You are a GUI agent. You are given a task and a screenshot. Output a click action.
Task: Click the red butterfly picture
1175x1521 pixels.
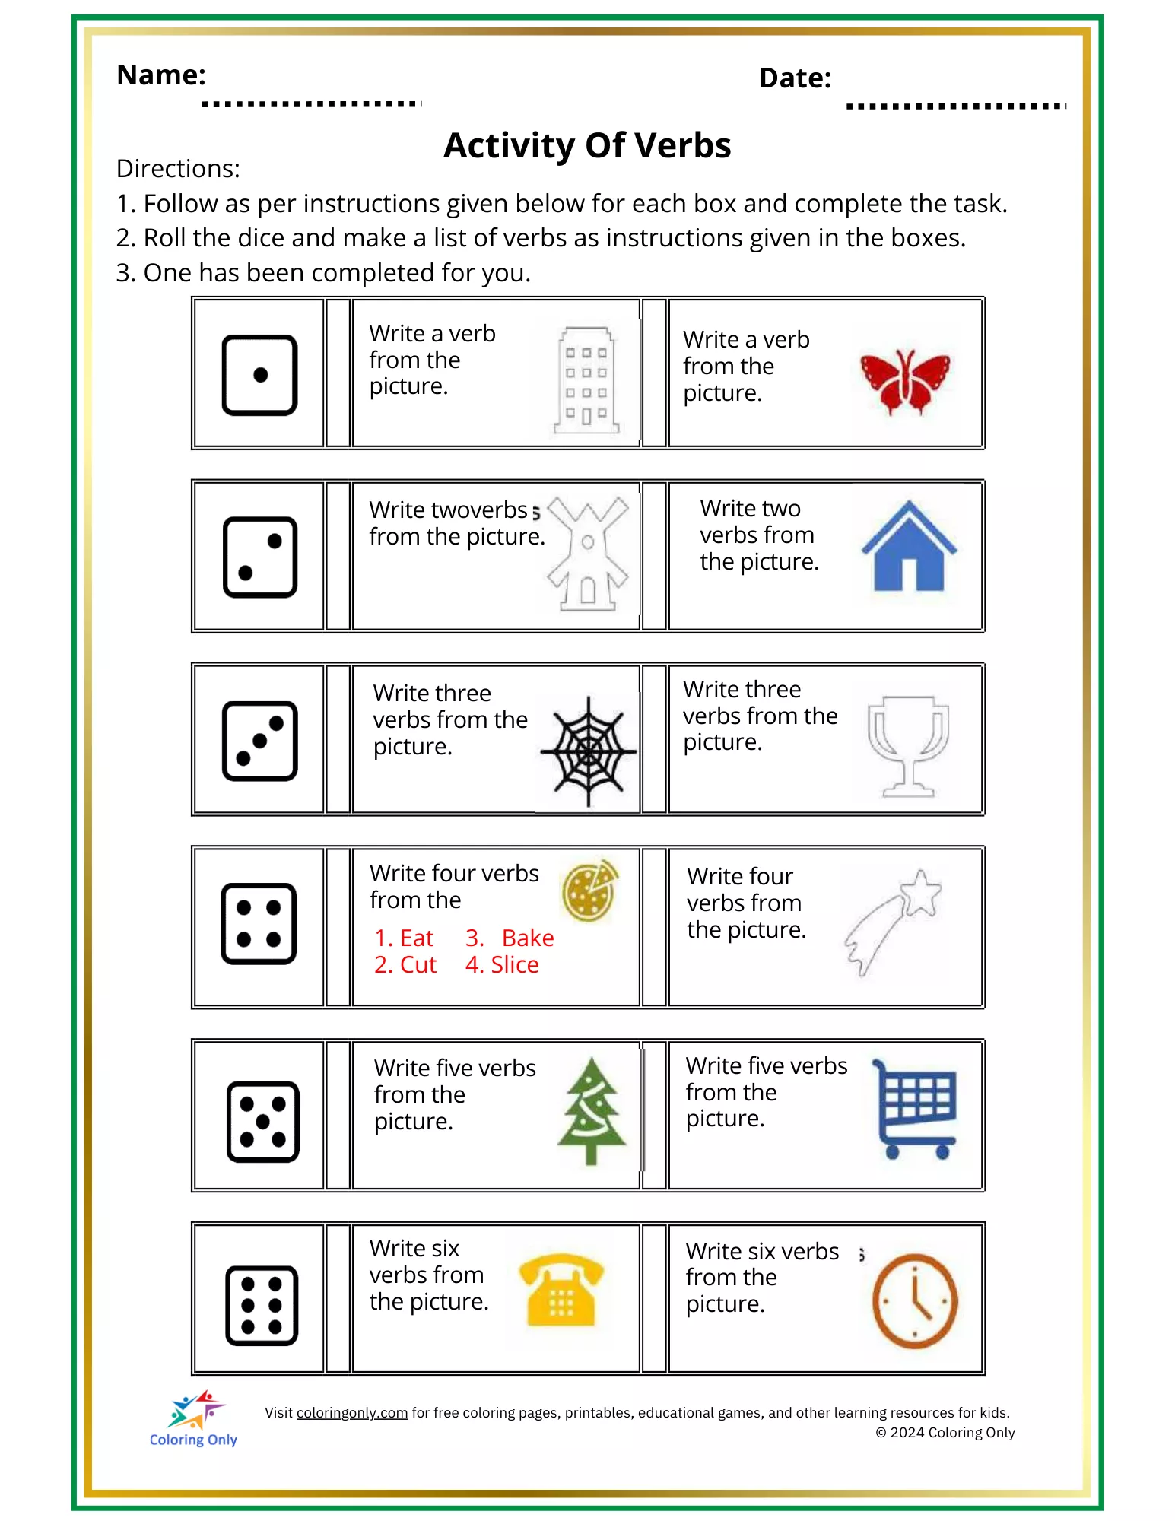(904, 381)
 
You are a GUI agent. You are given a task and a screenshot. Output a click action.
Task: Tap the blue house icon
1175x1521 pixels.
(909, 547)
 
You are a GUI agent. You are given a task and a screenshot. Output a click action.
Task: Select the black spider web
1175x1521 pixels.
(588, 751)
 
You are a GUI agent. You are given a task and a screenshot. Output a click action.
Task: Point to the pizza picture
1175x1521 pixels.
(589, 890)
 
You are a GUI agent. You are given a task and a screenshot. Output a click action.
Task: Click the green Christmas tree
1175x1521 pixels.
(592, 1110)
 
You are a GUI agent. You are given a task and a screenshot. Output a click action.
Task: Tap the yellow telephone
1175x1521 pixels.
(561, 1290)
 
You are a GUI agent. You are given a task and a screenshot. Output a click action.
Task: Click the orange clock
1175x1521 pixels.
(914, 1300)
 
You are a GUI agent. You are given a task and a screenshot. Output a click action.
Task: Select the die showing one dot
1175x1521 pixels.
(259, 375)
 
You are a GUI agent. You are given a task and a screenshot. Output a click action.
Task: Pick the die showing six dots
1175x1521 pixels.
(262, 1305)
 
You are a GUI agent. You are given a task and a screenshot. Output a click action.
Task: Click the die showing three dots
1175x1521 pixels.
(259, 741)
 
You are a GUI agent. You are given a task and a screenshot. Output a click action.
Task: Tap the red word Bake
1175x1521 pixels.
(528, 938)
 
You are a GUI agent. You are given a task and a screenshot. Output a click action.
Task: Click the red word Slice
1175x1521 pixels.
(515, 964)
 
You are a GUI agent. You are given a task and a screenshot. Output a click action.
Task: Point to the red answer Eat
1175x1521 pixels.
(416, 938)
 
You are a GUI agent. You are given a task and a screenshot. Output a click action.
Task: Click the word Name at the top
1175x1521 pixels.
(161, 75)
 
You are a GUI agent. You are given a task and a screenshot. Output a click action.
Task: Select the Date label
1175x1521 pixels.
(795, 78)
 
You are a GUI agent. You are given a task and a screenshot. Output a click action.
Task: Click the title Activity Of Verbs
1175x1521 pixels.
(587, 145)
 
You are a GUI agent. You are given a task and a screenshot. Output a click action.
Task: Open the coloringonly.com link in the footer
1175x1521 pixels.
(351, 1412)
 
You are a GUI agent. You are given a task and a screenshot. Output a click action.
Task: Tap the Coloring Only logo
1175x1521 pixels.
(194, 1418)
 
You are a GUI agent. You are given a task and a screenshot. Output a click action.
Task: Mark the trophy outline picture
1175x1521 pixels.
(908, 746)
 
